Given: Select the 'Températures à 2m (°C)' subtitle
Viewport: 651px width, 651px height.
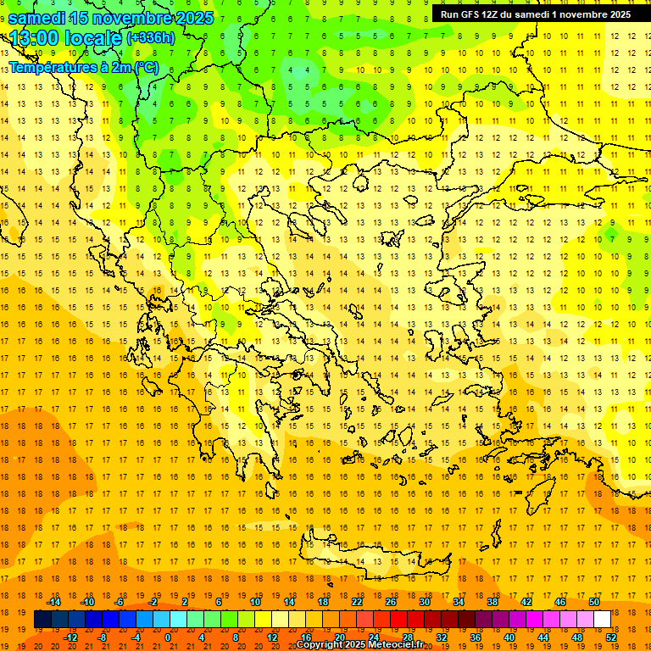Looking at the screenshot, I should click(x=83, y=67).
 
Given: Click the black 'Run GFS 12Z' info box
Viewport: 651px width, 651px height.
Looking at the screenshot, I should click(x=535, y=14).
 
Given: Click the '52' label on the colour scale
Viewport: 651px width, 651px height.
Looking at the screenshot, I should click(x=611, y=637).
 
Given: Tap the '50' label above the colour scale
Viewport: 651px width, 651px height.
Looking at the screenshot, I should click(x=594, y=602).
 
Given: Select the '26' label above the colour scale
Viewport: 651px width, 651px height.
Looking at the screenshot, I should click(x=391, y=602).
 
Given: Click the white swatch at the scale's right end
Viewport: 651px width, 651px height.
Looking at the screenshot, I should click(x=602, y=620).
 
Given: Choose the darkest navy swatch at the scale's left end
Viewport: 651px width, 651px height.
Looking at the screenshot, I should click(x=43, y=620).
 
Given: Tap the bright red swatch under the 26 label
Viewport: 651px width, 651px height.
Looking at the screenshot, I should click(x=398, y=620).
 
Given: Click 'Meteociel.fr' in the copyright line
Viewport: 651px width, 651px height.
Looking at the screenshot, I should click(x=396, y=645).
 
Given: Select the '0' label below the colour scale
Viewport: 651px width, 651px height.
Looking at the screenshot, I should click(x=168, y=637).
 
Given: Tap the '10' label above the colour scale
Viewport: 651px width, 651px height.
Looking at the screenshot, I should click(x=255, y=602).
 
